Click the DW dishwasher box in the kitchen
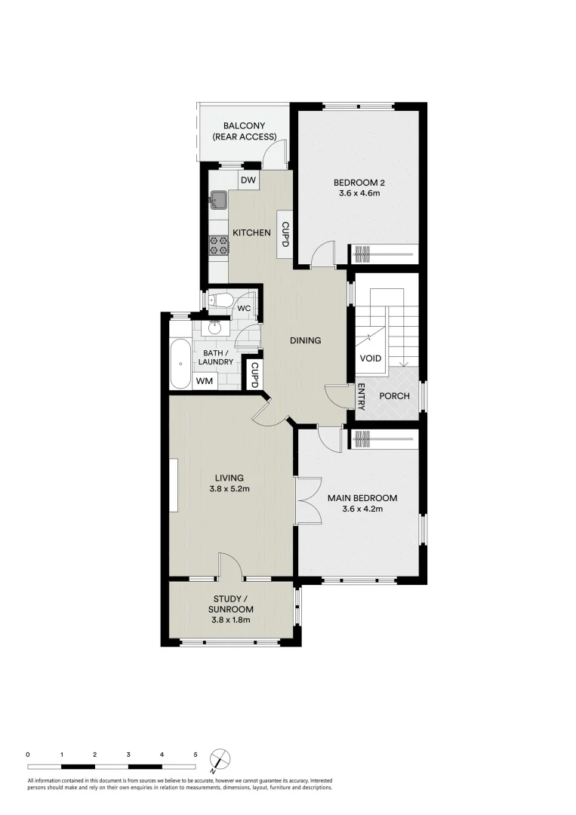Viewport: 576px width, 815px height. (248, 180)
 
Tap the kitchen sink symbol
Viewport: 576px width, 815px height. (220, 200)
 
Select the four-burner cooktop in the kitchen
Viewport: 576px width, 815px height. (219, 244)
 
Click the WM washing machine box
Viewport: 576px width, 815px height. (204, 381)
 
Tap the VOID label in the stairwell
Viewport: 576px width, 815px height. (370, 358)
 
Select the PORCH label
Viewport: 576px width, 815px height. (394, 396)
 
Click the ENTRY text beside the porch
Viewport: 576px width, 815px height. (362, 397)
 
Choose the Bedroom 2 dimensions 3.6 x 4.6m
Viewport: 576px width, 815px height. (359, 194)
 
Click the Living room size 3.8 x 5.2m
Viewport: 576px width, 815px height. (229, 489)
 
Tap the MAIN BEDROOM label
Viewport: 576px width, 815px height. (362, 498)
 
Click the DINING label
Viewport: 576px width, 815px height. (306, 340)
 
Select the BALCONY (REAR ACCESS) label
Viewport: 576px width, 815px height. (244, 131)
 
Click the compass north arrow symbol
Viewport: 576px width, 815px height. (219, 758)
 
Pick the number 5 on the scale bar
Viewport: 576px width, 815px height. (196, 754)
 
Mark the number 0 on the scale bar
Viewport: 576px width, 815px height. (28, 754)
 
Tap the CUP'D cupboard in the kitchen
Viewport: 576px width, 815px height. (285, 234)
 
